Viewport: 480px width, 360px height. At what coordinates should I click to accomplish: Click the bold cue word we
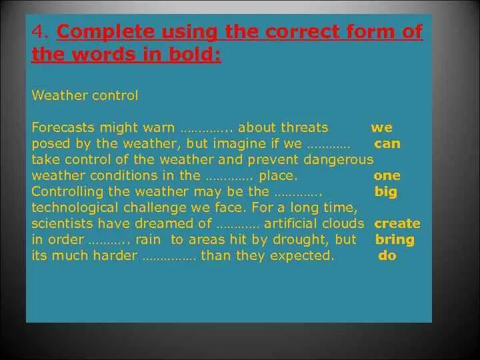tap(381, 127)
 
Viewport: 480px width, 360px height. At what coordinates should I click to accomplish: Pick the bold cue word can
tap(387, 143)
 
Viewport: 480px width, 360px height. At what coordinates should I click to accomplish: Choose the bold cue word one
tap(387, 175)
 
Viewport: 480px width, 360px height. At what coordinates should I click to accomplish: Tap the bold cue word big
tap(386, 192)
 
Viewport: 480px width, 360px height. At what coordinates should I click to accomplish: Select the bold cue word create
tap(397, 223)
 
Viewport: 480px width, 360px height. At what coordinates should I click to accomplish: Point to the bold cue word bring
tap(395, 240)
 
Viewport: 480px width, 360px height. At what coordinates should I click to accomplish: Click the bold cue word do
tap(387, 255)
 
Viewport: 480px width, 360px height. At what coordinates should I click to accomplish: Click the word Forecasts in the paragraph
tap(63, 127)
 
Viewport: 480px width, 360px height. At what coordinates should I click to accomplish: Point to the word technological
tap(75, 208)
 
